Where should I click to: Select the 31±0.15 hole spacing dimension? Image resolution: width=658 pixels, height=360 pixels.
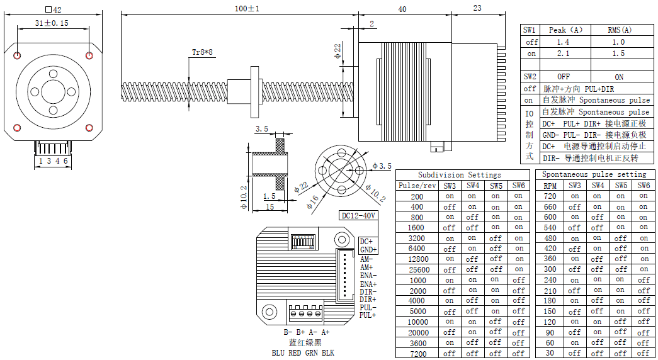52,23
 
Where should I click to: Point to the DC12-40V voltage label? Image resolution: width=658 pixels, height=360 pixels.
358,215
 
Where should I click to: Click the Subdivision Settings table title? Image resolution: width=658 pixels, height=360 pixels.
460,174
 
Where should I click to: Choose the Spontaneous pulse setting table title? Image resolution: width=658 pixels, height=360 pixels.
594,174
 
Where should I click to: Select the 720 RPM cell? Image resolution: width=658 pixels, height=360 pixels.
550,196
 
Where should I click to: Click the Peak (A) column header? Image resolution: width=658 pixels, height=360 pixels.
565,30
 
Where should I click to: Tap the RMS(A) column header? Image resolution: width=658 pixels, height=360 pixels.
620,30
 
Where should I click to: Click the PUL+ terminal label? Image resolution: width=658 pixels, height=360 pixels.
368,315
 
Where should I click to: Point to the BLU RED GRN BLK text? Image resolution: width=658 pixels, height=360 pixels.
303,353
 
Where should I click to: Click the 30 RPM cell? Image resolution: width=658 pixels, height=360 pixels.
550,353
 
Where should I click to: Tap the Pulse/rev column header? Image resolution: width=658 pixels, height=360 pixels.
417,186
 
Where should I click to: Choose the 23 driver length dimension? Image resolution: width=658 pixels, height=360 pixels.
477,8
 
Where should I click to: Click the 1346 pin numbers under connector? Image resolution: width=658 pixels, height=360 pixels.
53,161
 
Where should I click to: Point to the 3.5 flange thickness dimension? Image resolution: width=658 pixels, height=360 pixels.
261,129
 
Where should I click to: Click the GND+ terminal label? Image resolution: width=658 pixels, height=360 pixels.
368,250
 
